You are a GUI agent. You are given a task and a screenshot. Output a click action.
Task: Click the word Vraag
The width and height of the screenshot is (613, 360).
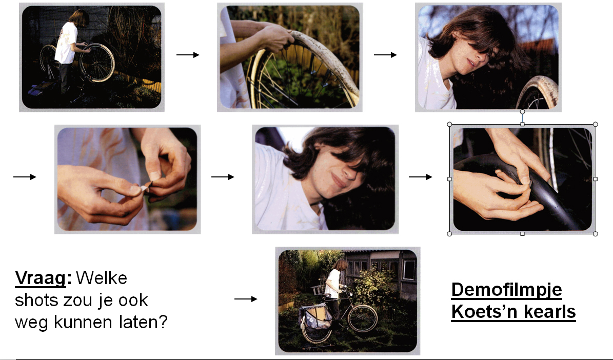(40, 278)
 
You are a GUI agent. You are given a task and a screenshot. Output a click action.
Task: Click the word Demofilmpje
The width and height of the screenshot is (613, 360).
(507, 290)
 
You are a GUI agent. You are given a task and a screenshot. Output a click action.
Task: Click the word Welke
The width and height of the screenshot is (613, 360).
(101, 278)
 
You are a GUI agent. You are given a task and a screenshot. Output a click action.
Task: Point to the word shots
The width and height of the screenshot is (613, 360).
(36, 300)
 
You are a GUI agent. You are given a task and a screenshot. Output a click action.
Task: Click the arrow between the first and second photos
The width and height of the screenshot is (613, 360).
(188, 55)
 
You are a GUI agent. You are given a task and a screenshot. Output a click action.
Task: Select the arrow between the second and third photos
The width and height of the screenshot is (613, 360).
(385, 55)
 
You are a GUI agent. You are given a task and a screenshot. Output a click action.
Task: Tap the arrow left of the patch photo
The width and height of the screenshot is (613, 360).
(25, 177)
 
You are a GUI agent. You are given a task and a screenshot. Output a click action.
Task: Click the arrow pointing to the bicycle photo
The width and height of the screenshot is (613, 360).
(246, 299)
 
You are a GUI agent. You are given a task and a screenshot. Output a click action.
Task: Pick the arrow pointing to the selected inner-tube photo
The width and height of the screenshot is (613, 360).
(420, 177)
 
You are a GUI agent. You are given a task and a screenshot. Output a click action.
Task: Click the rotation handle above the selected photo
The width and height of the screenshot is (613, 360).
(522, 112)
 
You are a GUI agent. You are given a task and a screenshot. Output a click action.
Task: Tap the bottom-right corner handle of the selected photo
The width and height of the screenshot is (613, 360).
(596, 234)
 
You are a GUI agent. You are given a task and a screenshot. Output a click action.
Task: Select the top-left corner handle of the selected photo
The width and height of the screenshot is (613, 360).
(449, 124)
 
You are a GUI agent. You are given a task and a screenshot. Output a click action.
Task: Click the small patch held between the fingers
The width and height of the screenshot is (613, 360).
(145, 188)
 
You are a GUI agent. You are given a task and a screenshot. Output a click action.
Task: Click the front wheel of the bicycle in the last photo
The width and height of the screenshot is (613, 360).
(363, 318)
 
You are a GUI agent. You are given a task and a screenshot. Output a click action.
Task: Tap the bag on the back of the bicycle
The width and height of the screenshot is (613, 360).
(314, 316)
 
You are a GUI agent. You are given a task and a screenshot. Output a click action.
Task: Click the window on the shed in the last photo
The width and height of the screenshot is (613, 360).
(409, 270)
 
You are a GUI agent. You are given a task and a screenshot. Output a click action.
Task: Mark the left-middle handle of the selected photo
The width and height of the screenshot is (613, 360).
(449, 179)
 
